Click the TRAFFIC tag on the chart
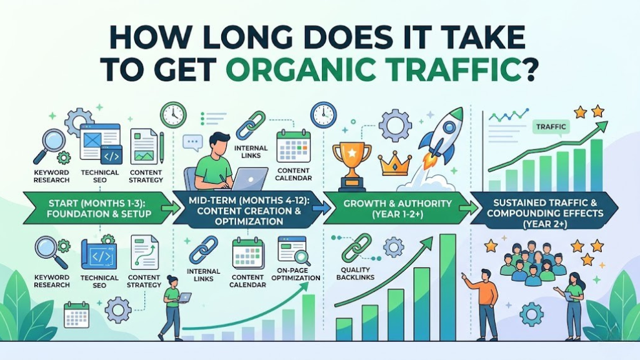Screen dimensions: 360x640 pos(551,127)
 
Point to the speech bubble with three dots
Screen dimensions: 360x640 pos(192,143)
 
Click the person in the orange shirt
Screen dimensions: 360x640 pos(486,302)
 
